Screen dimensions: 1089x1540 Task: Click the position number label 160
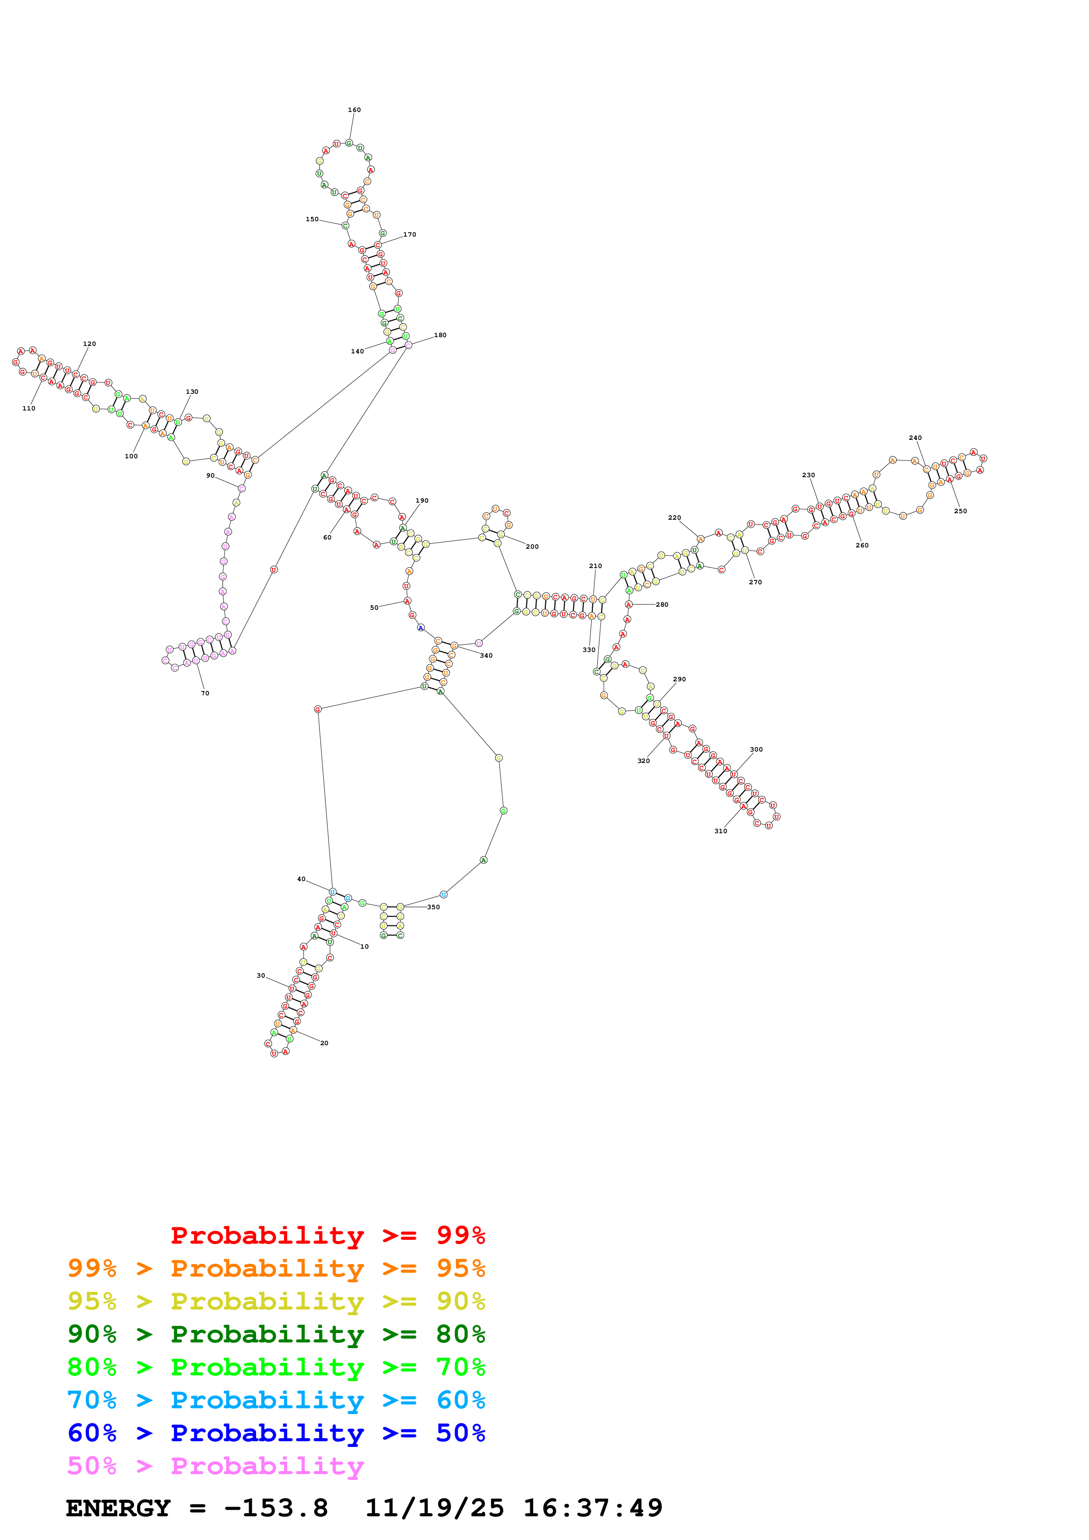(354, 110)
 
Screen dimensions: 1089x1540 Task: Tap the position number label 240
(915, 438)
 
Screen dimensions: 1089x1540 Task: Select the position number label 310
(720, 831)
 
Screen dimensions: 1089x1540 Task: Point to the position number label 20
(324, 1043)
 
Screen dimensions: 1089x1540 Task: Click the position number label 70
(205, 694)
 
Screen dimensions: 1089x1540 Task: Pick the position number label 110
(29, 408)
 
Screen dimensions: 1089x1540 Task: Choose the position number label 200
(532, 547)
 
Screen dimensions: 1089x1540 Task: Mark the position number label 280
(662, 605)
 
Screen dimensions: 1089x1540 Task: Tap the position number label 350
(434, 907)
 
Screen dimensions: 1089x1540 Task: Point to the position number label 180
(440, 335)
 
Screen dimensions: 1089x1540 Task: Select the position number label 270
(756, 582)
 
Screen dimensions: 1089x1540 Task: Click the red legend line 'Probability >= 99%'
(327, 1235)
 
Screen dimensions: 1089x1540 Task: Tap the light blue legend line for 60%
(276, 1400)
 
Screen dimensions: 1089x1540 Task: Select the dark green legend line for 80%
(276, 1334)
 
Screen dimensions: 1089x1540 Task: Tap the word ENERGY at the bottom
(118, 1508)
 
